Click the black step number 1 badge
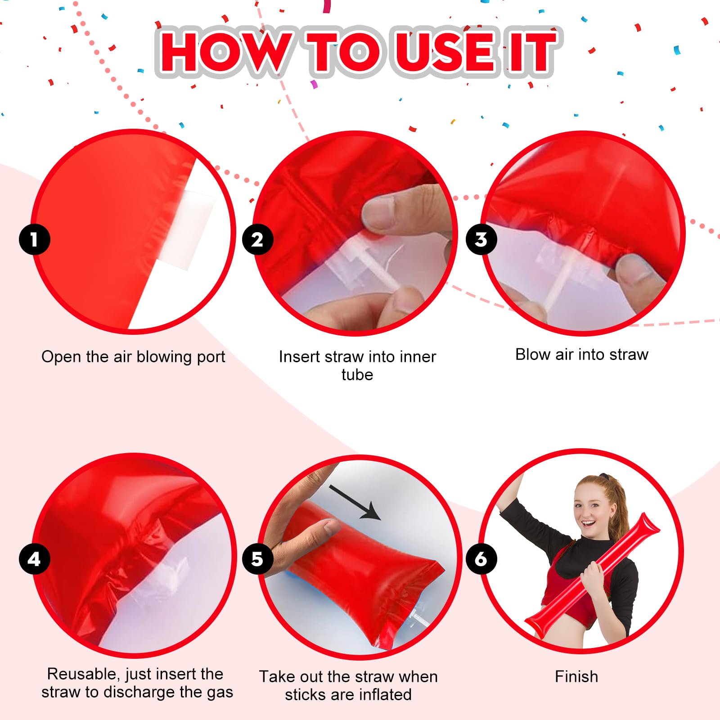pyautogui.click(x=34, y=239)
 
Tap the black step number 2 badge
pyautogui.click(x=257, y=239)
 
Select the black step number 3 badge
pyautogui.click(x=481, y=239)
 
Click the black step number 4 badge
pyautogui.click(x=34, y=559)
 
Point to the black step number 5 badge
pyautogui.click(x=257, y=559)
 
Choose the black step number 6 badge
pyautogui.click(x=481, y=559)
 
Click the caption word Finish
pyautogui.click(x=576, y=677)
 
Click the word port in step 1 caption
pyautogui.click(x=211, y=357)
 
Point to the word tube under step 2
pyautogui.click(x=357, y=375)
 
